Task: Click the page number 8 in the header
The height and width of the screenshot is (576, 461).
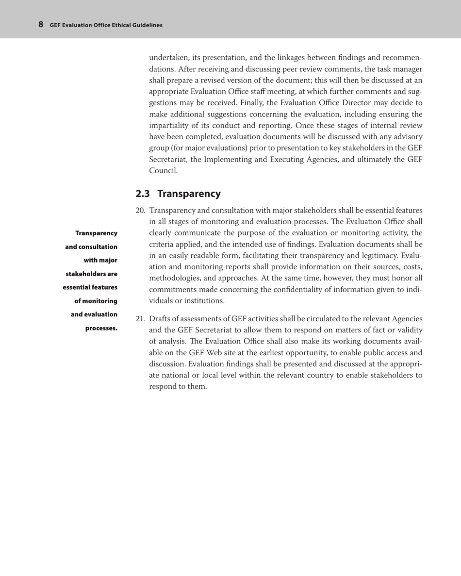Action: point(41,24)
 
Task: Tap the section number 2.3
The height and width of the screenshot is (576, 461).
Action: point(143,194)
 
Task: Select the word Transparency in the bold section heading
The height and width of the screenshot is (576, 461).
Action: point(189,194)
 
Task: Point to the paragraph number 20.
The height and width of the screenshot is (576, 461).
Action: point(141,211)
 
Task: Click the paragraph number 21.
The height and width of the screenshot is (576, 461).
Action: point(141,319)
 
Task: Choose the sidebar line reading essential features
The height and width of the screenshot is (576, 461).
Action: point(90,287)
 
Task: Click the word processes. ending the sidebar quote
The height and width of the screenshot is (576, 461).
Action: point(101,328)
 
